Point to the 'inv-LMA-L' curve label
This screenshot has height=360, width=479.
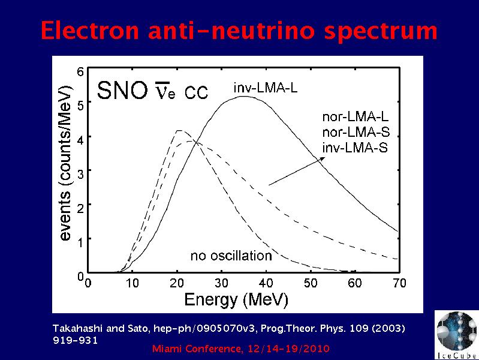click(x=265, y=88)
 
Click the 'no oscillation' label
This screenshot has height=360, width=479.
click(x=231, y=256)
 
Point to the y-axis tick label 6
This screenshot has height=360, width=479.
click(x=80, y=71)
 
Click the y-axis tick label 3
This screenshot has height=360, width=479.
click(x=80, y=172)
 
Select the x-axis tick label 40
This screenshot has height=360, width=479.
click(x=266, y=283)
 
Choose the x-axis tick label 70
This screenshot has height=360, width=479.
click(x=399, y=283)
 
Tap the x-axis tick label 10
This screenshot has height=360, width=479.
click(x=132, y=283)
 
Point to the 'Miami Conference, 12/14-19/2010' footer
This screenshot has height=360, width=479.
click(x=241, y=349)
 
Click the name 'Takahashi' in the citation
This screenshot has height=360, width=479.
click(x=75, y=328)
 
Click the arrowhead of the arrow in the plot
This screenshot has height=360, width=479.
click(x=325, y=158)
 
